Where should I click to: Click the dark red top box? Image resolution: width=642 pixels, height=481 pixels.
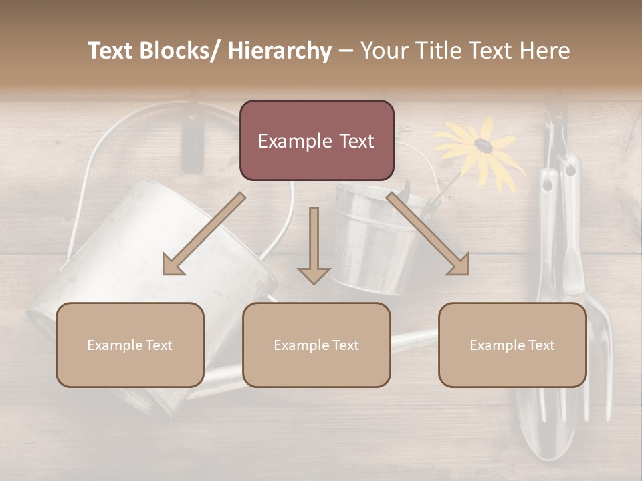(316, 140)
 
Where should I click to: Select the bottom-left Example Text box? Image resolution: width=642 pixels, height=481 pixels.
(130, 345)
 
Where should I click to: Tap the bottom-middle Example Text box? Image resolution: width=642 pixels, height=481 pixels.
(316, 345)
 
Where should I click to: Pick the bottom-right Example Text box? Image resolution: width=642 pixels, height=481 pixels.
(512, 345)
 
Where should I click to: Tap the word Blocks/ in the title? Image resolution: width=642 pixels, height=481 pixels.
(181, 51)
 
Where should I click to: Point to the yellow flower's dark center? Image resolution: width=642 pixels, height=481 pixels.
(482, 144)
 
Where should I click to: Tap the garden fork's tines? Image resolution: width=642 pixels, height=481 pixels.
(601, 374)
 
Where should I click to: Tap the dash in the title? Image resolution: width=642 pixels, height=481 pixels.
(345, 51)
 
